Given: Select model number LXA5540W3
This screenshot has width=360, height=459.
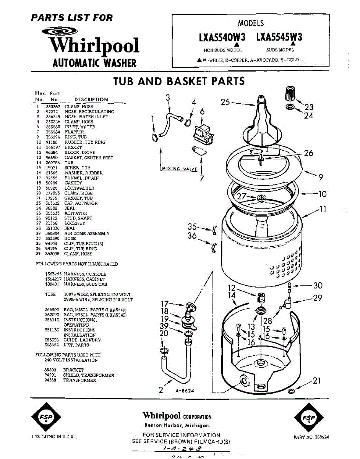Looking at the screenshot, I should point(222,37).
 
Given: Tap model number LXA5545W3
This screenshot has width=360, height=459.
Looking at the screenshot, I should point(279,37).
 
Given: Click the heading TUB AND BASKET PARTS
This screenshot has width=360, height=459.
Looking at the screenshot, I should point(179,81).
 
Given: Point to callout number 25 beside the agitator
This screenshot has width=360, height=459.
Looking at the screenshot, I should point(225,102).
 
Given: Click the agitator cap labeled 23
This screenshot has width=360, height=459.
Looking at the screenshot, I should point(292,93).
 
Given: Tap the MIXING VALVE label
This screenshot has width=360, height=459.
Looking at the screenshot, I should point(179,169).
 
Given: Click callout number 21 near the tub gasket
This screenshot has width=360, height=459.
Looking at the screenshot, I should point(317,381).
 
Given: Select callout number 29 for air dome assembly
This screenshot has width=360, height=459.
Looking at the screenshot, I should point(318,298).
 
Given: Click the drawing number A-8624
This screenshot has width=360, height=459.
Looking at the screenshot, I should point(185,391).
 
